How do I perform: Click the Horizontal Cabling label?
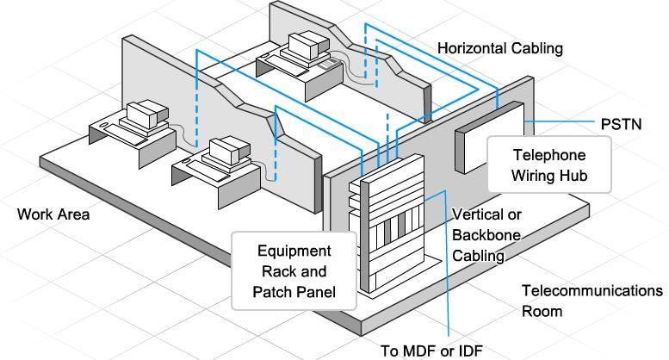[x=499, y=48]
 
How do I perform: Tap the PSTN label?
[x=620, y=124]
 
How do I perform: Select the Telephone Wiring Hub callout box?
[x=549, y=167]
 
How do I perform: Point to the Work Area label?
[x=53, y=214]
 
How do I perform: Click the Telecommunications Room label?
[x=592, y=301]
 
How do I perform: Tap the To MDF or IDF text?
[x=431, y=350]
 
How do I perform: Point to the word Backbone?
[x=486, y=234]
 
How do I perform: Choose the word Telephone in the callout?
[x=549, y=156]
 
